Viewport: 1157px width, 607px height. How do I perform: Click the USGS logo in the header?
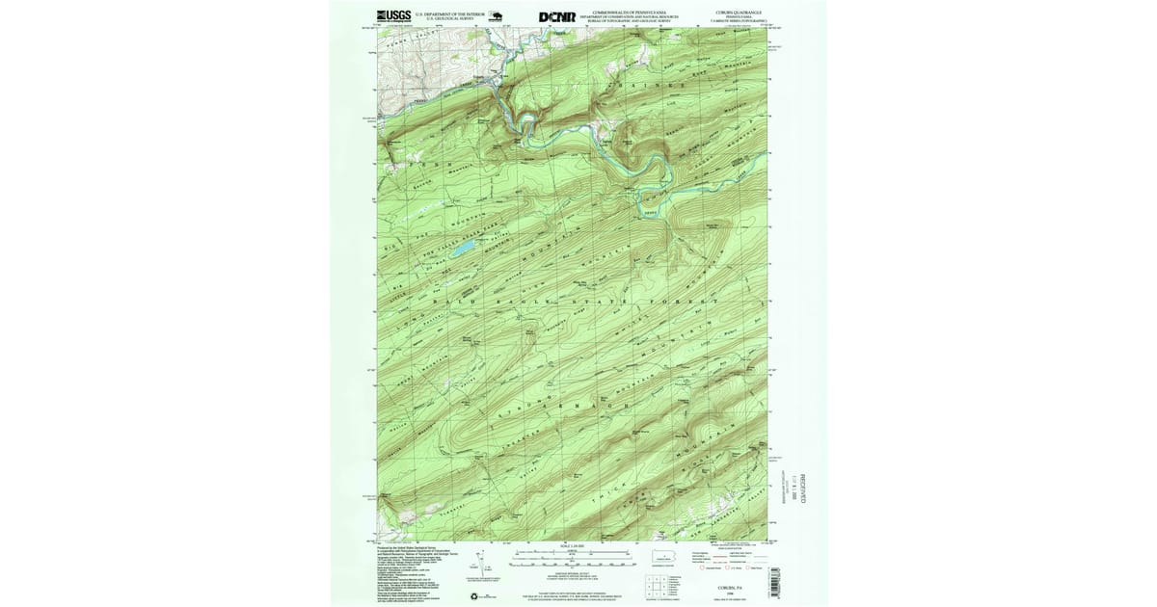392,15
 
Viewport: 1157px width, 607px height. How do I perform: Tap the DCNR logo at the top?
558,16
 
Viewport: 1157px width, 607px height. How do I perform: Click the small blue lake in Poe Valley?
464,248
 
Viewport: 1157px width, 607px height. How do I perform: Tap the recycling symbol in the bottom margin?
472,596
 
